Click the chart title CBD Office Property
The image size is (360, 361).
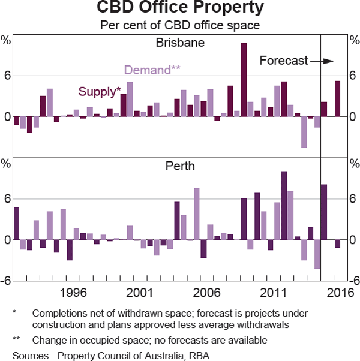click(x=180, y=8)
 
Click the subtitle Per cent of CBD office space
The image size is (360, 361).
click(x=180, y=26)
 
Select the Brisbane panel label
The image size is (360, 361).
click(x=180, y=43)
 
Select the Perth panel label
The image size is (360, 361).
click(x=180, y=166)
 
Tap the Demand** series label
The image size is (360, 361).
click(x=152, y=70)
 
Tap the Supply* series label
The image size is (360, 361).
click(x=100, y=92)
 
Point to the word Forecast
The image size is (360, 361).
click(x=283, y=61)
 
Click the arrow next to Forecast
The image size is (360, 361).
click(x=326, y=61)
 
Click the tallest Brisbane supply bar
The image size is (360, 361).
click(x=244, y=80)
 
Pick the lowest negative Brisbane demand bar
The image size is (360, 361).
click(x=304, y=132)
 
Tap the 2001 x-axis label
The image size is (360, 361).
click(x=139, y=293)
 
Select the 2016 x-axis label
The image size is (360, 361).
click(x=340, y=293)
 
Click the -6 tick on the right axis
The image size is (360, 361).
click(x=353, y=281)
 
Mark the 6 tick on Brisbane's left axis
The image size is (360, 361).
click(x=8, y=76)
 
